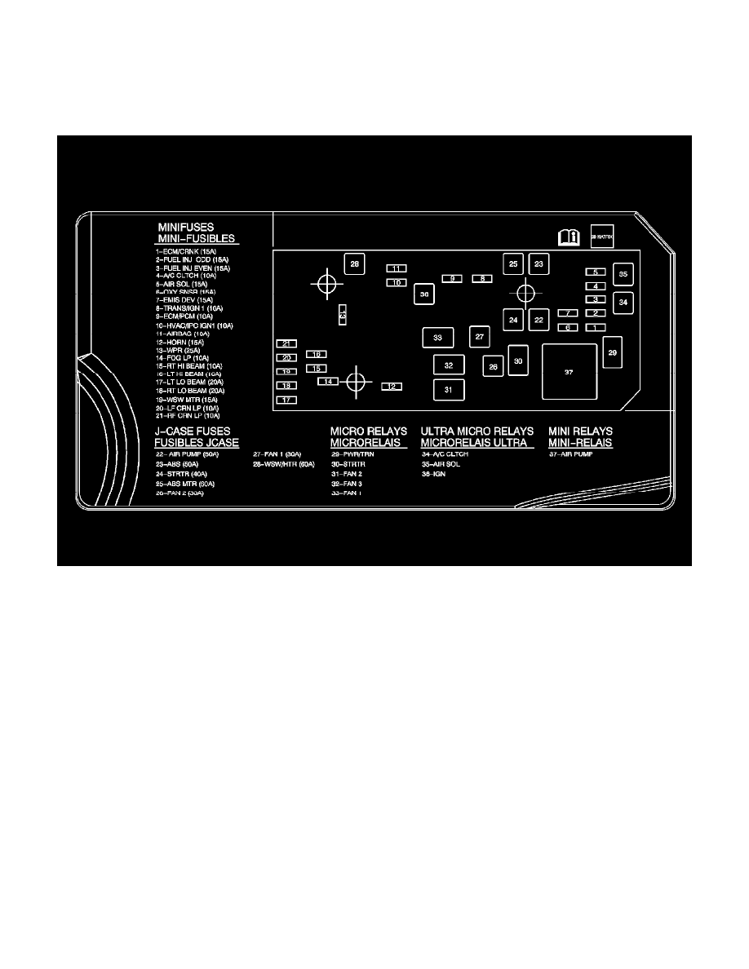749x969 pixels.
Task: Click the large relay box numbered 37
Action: coord(569,371)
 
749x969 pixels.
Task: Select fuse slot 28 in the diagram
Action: coord(354,264)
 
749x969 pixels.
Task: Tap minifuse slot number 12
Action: coord(392,386)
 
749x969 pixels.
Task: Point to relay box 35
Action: coord(623,275)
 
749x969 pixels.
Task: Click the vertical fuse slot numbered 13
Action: coord(343,313)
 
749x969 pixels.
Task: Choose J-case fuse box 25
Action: coord(513,263)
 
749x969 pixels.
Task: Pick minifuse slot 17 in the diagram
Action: coord(286,400)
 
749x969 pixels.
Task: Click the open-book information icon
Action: coord(568,237)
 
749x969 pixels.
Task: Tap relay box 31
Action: coord(448,391)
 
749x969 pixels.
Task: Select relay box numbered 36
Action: coord(423,294)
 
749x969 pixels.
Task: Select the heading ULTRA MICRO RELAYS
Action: coord(477,431)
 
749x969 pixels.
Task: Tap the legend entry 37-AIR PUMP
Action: coord(570,454)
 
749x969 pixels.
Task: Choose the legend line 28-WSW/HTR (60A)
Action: coord(284,464)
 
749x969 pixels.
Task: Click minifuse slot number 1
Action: coord(595,327)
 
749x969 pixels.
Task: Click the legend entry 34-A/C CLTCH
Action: coord(445,454)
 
